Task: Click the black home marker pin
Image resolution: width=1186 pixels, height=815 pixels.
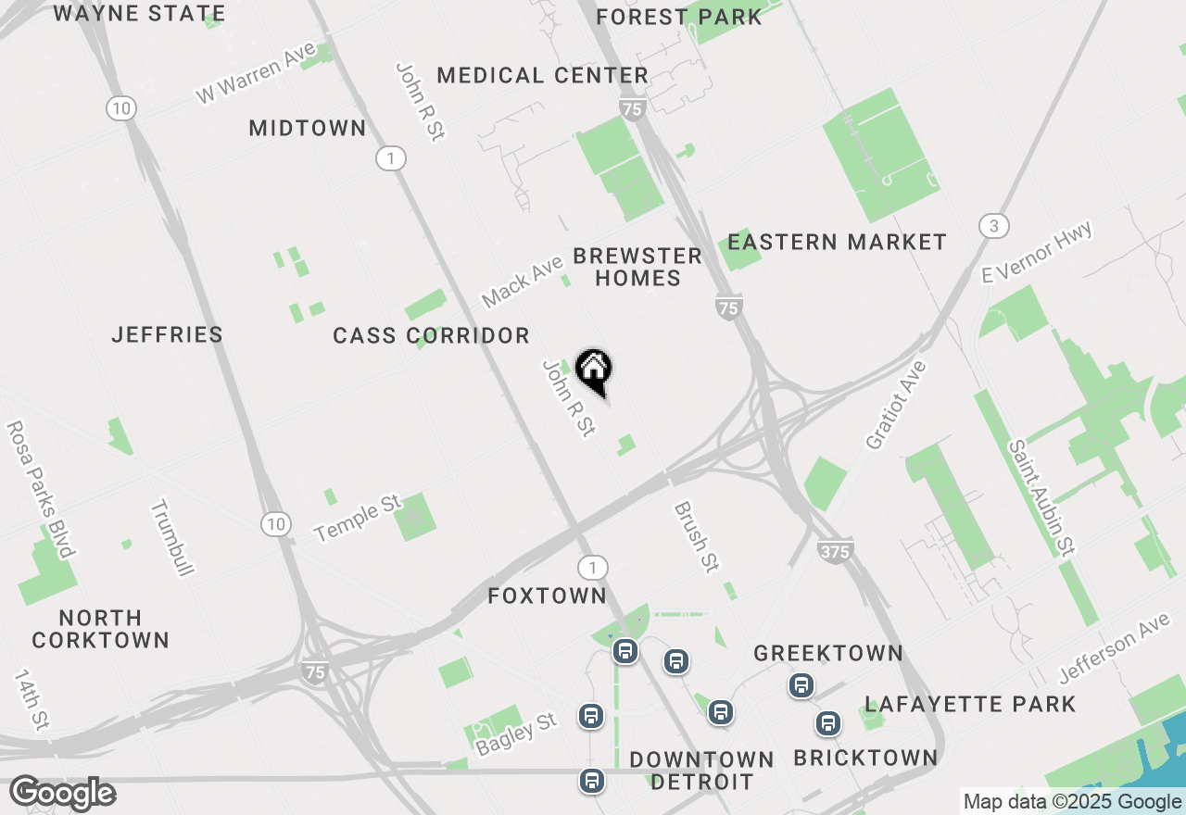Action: click(x=594, y=370)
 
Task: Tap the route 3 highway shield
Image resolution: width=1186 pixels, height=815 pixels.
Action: click(x=993, y=226)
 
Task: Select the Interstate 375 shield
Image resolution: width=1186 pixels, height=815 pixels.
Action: click(x=835, y=551)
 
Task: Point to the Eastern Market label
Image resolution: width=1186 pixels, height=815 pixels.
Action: click(x=837, y=243)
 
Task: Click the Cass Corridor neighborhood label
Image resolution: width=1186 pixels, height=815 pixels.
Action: click(x=432, y=336)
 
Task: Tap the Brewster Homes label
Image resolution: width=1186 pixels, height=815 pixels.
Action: click(x=637, y=267)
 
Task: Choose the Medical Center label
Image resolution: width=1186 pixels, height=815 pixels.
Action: click(x=542, y=76)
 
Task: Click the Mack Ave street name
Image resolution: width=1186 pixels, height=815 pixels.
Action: click(x=523, y=282)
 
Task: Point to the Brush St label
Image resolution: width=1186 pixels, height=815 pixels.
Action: click(x=697, y=537)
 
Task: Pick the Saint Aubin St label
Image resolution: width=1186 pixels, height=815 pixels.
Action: click(x=1041, y=497)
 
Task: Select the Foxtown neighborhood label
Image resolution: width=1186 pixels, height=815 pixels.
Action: click(x=547, y=596)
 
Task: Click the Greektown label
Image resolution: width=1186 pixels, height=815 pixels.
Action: click(x=827, y=653)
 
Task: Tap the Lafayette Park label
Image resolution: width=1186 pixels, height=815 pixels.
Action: click(x=970, y=704)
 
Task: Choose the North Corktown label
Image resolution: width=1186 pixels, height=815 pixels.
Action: click(x=100, y=629)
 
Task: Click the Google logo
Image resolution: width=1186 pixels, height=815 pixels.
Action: click(x=62, y=794)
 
